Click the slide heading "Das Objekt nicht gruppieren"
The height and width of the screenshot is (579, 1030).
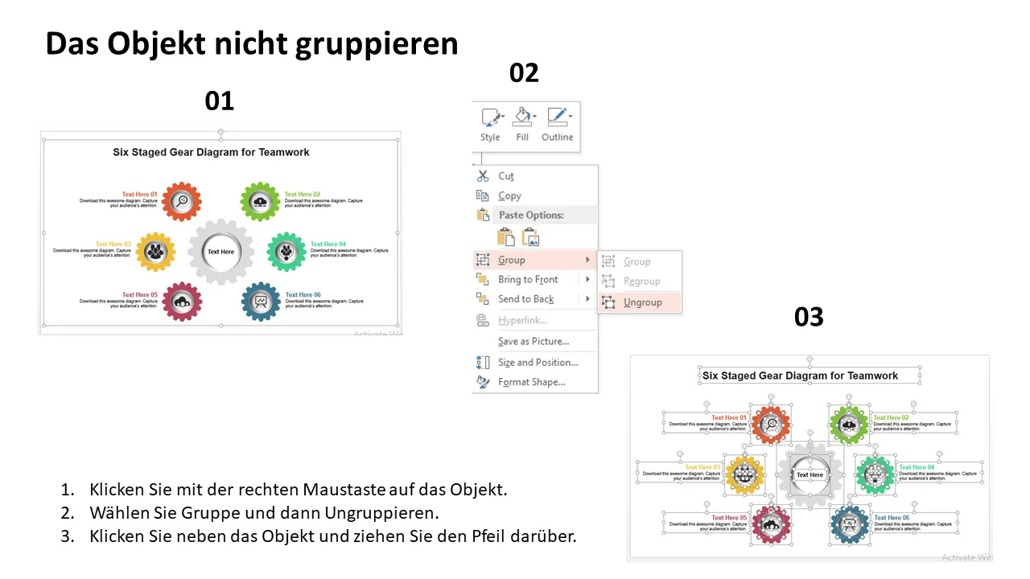251,44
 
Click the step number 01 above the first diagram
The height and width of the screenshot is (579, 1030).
219,101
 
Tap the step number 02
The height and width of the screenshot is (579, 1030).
524,73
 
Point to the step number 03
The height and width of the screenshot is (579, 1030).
809,318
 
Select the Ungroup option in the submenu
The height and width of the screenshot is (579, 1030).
642,302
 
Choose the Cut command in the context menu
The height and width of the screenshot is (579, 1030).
506,176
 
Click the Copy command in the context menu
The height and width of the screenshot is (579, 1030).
509,195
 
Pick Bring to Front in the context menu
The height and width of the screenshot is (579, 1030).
528,279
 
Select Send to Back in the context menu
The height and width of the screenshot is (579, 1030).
526,299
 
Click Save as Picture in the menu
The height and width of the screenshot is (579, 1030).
534,341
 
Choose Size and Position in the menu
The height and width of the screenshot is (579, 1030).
538,362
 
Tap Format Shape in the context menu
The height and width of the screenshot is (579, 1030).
531,382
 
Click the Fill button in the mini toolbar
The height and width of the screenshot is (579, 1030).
522,125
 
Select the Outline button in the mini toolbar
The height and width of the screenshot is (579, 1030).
557,125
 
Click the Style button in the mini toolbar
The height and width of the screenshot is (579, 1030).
490,125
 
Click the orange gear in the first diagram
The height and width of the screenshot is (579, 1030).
182,201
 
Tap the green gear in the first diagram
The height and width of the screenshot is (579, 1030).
260,201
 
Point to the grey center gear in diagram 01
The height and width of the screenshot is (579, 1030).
220,252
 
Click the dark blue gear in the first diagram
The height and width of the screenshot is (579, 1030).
261,302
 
